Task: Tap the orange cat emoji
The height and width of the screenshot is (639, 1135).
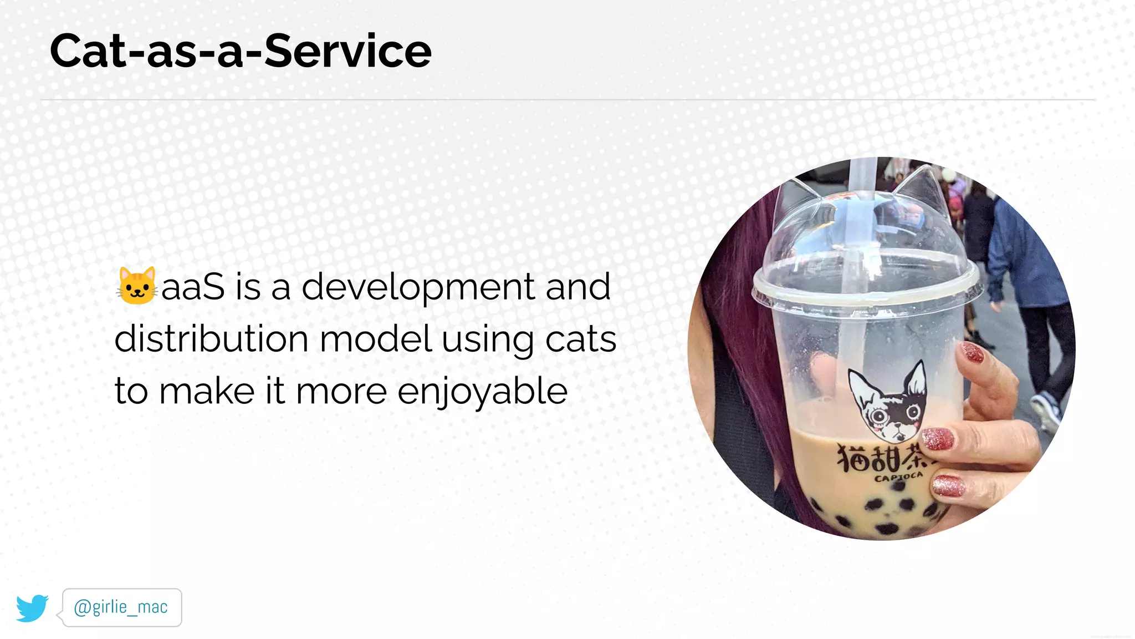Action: click(136, 286)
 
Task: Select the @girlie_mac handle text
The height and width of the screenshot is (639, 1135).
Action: click(121, 607)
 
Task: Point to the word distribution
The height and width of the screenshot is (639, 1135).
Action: click(211, 339)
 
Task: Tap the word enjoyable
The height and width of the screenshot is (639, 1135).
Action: click(482, 392)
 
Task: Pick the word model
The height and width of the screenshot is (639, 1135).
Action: click(375, 339)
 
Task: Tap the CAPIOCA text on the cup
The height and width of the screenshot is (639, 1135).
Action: click(898, 476)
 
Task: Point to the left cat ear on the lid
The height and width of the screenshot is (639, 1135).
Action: click(796, 199)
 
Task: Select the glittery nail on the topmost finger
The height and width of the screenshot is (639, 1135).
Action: click(973, 352)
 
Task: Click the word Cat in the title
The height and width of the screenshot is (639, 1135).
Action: click(88, 51)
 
